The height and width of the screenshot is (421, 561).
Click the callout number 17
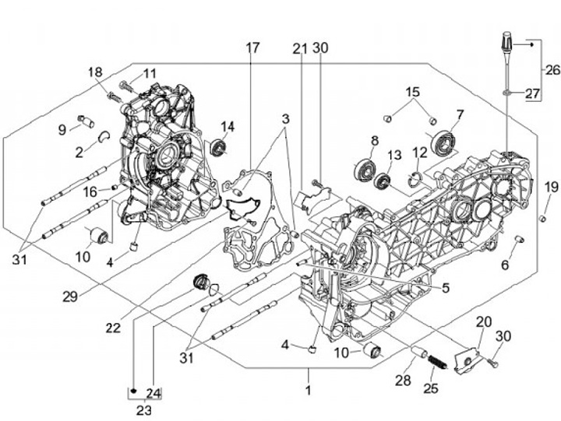252,48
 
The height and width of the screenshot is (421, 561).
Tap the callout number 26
551,70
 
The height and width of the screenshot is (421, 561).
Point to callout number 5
445,288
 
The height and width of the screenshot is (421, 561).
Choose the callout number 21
301,48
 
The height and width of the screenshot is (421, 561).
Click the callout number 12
420,153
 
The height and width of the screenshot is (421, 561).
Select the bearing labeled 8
365,168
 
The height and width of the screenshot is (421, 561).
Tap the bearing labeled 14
220,146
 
